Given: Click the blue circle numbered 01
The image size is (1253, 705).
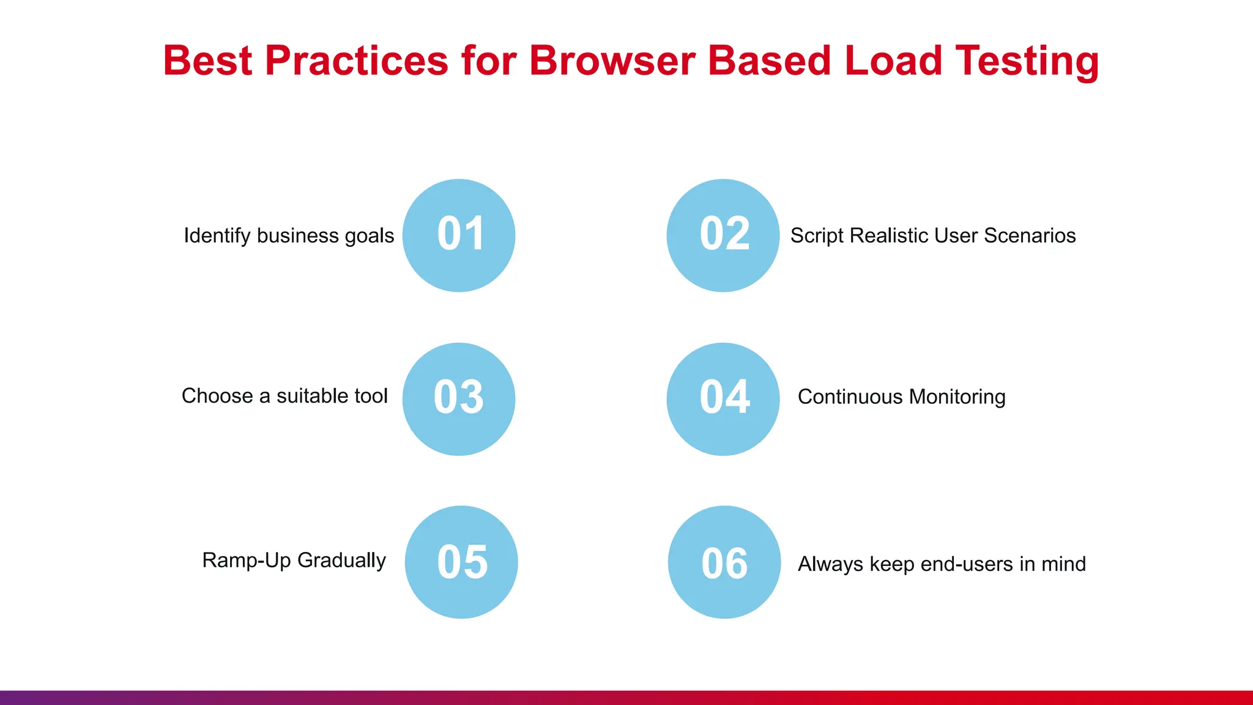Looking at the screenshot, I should click(459, 235).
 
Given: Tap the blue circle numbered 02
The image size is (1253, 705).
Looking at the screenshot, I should click(723, 235).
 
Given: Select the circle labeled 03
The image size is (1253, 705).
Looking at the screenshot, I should click(459, 398).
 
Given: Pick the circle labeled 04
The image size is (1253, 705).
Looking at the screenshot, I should click(723, 398).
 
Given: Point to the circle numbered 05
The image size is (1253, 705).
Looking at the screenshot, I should click(461, 562).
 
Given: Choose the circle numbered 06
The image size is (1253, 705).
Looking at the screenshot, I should click(724, 562).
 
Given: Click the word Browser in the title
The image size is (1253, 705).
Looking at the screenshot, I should click(612, 61).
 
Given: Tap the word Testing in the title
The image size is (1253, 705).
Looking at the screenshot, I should click(1027, 61).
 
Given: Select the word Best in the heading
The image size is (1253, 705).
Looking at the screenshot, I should click(207, 61).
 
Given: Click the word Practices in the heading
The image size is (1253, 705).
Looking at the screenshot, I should click(357, 61).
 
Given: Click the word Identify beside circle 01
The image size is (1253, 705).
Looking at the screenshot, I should click(217, 236).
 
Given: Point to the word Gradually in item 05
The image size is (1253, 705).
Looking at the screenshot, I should click(341, 561).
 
